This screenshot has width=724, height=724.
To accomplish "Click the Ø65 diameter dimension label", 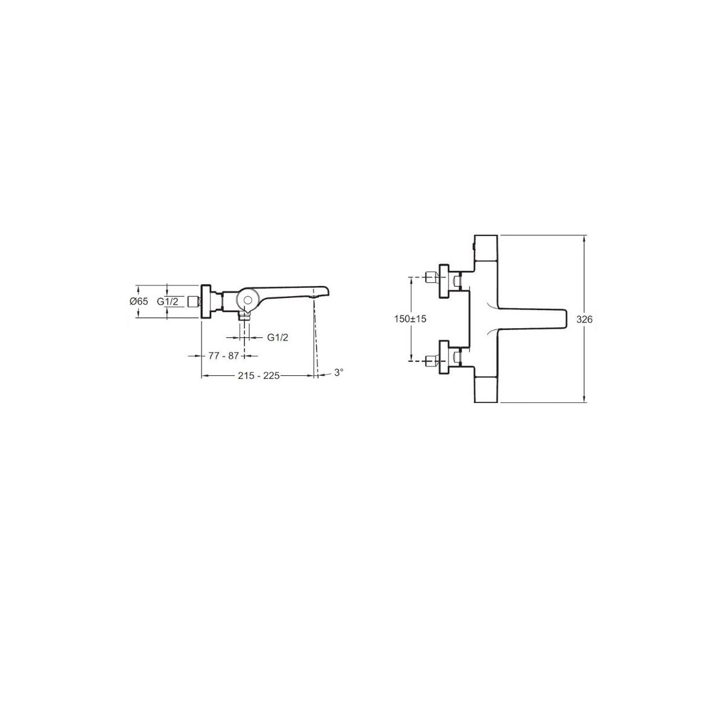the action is pyautogui.click(x=139, y=301).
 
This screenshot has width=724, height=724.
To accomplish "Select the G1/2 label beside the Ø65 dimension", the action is pyautogui.click(x=167, y=301).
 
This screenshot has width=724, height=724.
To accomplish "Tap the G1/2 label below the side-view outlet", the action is pyautogui.click(x=278, y=337).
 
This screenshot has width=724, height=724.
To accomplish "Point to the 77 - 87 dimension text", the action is pyautogui.click(x=224, y=355).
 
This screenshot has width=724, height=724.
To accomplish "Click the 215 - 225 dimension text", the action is pyautogui.click(x=259, y=375).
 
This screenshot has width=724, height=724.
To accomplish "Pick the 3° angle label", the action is pyautogui.click(x=338, y=372).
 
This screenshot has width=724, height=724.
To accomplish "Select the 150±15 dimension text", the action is pyautogui.click(x=410, y=319).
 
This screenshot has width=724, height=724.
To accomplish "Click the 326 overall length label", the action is pyautogui.click(x=585, y=319).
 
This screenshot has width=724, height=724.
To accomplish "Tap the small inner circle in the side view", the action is pyautogui.click(x=247, y=300).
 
